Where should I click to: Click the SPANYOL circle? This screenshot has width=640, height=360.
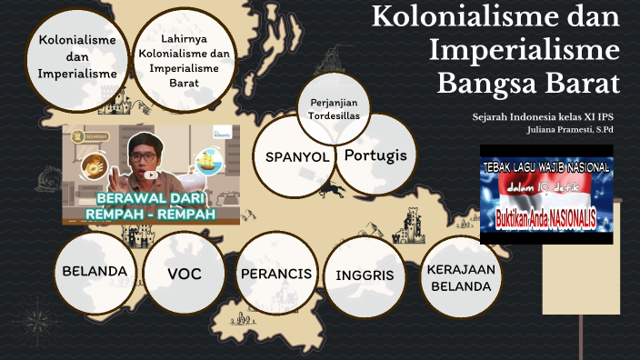coord(296,157)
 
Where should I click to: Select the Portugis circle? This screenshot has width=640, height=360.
coord(375,155)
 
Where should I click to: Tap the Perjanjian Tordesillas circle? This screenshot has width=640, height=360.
coord(337,115)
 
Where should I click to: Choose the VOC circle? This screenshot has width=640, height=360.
coord(184,273)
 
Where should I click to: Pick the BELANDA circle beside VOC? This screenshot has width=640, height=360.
coord(95,272)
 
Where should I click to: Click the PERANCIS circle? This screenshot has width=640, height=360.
coord(276,273)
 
